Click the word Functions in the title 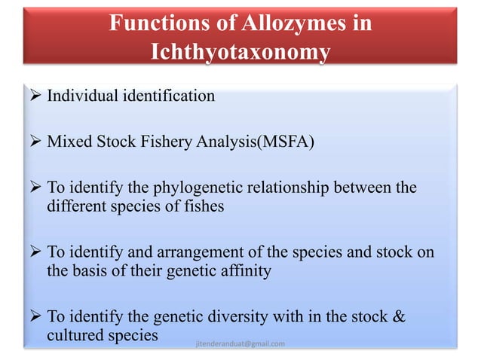click(153, 23)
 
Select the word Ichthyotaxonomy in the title click(240, 52)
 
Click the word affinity click(244, 270)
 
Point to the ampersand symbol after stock click(399, 317)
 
